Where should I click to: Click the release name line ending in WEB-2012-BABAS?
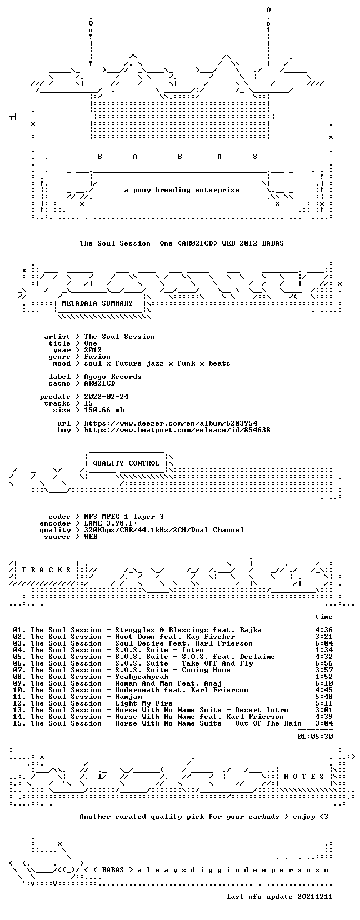pos(182,243)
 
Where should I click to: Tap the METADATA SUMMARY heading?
pos(97,303)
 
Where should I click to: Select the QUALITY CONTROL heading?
pos(126,463)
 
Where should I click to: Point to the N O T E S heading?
pos(304,776)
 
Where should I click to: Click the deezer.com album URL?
pos(171,423)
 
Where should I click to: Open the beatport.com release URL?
pos(177,430)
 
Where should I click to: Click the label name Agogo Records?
pos(112,377)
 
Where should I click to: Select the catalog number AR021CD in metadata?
pos(99,383)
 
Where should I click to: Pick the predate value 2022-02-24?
pos(106,396)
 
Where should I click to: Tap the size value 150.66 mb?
pos(104,410)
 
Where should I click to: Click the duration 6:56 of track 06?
pos(324,663)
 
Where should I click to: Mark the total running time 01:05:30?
pos(315,737)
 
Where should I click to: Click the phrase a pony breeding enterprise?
pos(182,190)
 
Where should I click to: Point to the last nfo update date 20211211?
pos(315,896)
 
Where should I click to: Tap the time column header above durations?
pos(324,617)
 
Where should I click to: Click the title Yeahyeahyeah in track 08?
pos(142,677)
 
